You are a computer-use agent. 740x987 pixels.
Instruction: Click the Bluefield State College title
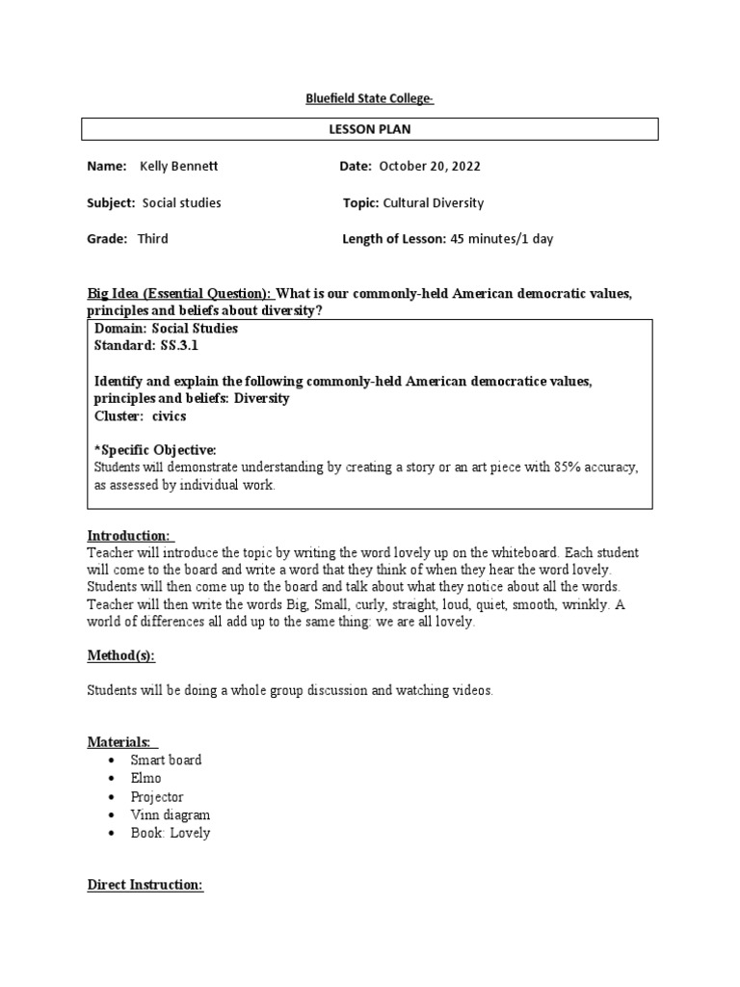coord(370,98)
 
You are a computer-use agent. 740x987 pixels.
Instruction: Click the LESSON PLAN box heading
coord(370,129)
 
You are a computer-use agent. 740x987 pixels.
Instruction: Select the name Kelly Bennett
coord(179,167)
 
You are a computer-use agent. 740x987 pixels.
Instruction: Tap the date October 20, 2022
coord(430,167)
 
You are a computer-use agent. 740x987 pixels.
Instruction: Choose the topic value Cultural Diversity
coord(434,203)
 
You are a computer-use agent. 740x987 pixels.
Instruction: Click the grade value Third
coord(152,239)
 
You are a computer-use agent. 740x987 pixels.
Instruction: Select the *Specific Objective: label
coord(155,450)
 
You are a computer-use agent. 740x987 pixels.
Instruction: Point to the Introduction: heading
coord(129,536)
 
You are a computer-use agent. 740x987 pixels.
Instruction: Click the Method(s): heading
coord(120,655)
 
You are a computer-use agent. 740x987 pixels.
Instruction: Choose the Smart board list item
coord(166,760)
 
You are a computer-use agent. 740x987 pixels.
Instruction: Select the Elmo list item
coord(146,779)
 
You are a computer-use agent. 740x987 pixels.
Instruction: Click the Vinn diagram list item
coord(171,815)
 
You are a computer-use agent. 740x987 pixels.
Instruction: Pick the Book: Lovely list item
coord(171,834)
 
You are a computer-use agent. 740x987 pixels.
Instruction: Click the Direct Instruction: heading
coord(145,885)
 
